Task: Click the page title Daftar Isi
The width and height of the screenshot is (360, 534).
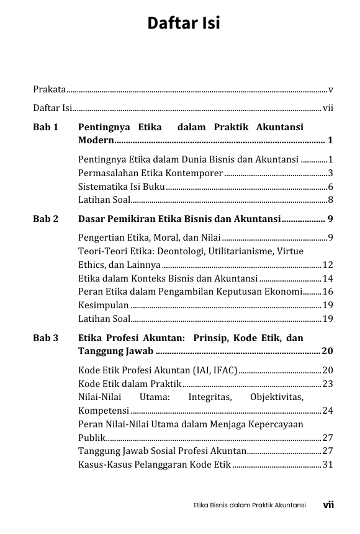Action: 184,24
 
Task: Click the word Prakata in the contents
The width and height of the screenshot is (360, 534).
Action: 50,89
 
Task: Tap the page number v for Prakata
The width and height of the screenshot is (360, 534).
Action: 331,89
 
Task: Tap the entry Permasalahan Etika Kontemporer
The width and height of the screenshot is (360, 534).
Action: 150,172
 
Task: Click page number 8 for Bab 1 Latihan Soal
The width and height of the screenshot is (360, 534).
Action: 331,200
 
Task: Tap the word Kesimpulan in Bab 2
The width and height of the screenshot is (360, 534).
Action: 104,305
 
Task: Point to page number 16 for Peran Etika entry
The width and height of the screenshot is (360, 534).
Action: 328,291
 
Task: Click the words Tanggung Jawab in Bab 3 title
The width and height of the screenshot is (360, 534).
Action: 115,352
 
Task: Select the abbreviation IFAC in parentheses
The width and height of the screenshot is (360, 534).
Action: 222,370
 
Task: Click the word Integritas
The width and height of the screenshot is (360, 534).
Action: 210,397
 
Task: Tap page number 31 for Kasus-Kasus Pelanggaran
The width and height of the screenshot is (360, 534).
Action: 328,465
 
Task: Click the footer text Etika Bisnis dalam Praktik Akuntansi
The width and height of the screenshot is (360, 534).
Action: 250,505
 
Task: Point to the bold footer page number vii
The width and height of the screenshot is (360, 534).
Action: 328,505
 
